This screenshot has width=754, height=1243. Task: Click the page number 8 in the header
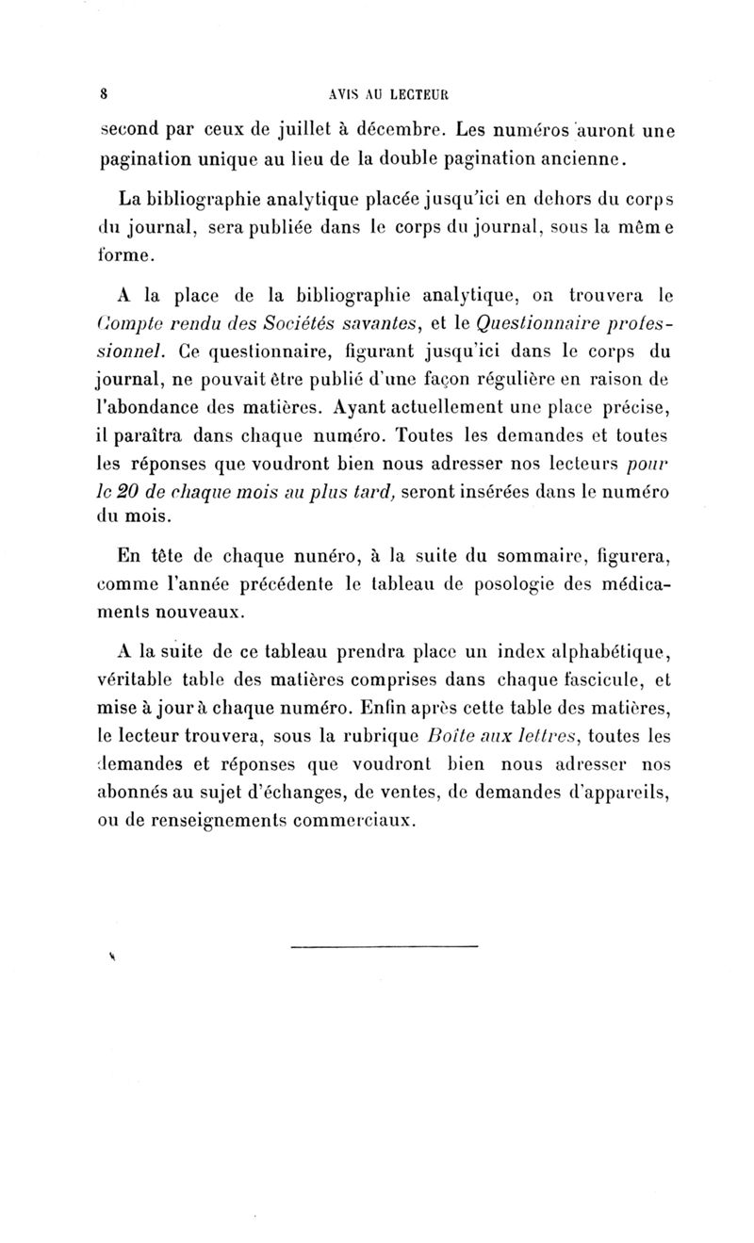point(106,94)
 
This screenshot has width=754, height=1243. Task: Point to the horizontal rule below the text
point(385,945)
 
